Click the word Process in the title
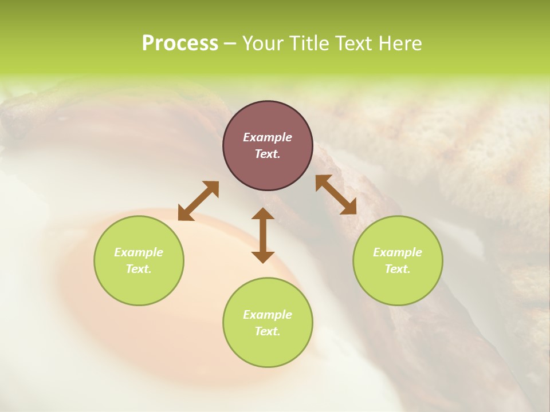[x=180, y=43]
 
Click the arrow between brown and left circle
[x=198, y=201]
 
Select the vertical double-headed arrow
[x=263, y=235]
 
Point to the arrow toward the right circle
[x=336, y=195]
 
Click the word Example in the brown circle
[x=268, y=137]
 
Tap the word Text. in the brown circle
[x=268, y=154]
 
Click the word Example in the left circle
[x=139, y=252]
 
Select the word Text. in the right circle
[x=398, y=269]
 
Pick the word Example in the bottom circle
[x=268, y=315]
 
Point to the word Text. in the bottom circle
[x=268, y=331]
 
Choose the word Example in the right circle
[x=398, y=252]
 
